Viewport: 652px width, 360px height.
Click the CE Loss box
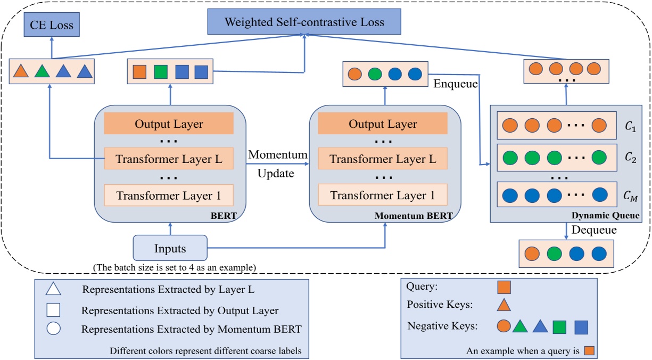point(51,24)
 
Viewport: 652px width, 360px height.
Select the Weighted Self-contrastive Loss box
point(303,22)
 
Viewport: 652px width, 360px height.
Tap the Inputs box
point(170,249)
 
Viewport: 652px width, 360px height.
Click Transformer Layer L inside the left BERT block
point(168,159)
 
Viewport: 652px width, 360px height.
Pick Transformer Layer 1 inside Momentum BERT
point(383,195)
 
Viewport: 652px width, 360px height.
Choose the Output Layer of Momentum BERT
point(383,124)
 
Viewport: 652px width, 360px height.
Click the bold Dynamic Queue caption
point(605,216)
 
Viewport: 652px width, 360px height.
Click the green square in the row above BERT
point(160,71)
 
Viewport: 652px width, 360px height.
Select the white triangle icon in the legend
point(54,289)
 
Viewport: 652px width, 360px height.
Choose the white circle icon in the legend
point(54,329)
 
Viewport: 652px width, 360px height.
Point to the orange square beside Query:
point(504,287)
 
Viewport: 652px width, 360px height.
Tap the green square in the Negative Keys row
point(559,326)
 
